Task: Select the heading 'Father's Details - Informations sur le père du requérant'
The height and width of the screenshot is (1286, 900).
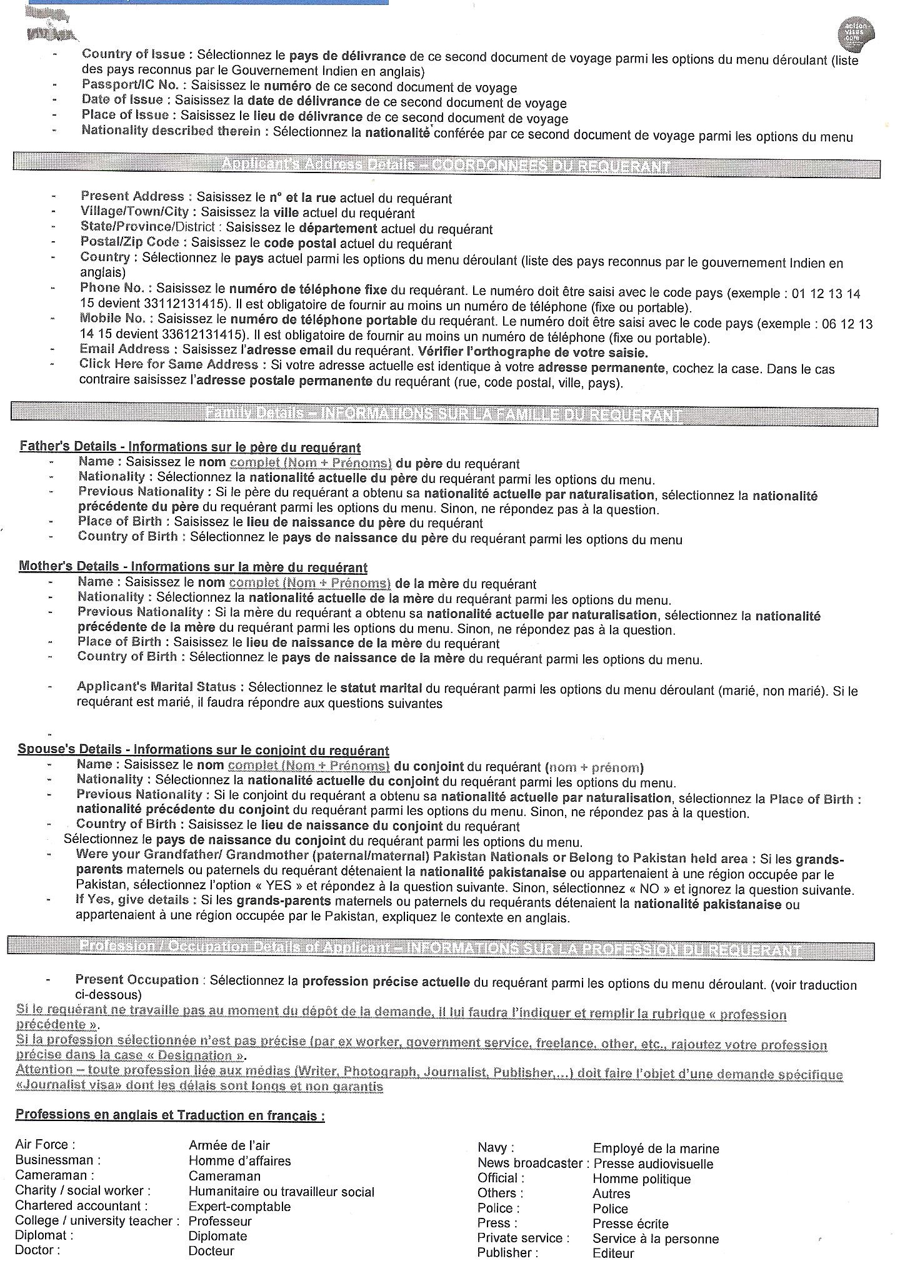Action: [190, 447]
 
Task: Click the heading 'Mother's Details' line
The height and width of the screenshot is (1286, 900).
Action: [193, 567]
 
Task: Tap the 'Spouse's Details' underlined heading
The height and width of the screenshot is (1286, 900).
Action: [203, 750]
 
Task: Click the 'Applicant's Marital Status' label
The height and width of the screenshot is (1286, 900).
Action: [156, 687]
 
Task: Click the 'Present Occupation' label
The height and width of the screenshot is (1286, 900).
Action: [137, 980]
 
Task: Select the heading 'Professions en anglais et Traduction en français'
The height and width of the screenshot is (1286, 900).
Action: [170, 1115]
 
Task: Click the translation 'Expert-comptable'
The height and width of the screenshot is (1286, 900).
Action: [239, 1207]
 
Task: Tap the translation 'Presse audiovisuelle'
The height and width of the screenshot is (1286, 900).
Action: [653, 1164]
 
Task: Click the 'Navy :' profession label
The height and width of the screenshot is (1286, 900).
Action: [496, 1148]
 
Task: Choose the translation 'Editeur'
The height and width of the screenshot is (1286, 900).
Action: [613, 1253]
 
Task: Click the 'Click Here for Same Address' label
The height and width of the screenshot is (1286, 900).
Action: [168, 364]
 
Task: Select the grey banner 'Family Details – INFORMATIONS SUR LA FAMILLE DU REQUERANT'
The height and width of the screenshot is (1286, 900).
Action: [443, 415]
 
